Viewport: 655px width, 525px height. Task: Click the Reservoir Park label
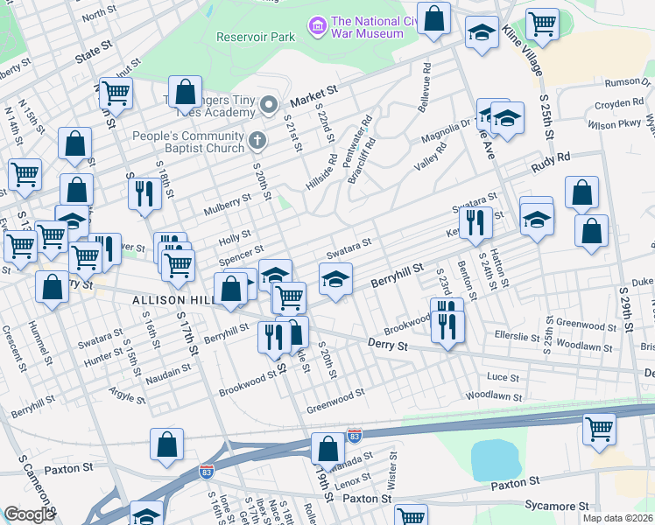[x=256, y=38]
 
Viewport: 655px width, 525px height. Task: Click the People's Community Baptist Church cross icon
[x=257, y=139]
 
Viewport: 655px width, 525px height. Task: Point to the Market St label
[x=314, y=91]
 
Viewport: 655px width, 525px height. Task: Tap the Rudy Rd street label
[x=550, y=162]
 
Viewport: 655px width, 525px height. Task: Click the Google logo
[x=29, y=514]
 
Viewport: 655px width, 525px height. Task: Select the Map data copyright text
[x=618, y=518]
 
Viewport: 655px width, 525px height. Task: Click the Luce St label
[x=503, y=376]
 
